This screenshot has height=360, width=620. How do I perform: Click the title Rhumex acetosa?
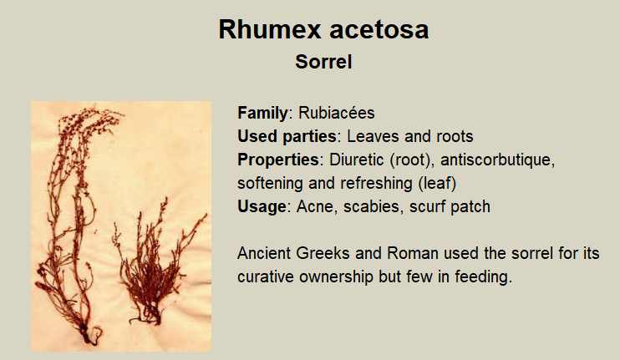pos(323,29)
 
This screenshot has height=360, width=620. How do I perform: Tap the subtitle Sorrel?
pos(323,62)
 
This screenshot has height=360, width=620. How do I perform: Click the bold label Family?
pos(262,114)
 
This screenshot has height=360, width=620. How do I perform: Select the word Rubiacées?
pos(337,113)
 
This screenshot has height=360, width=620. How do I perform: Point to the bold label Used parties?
pos(287,137)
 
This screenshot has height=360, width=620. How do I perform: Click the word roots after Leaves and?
pos(455,137)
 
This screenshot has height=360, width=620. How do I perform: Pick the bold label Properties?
pos(278,160)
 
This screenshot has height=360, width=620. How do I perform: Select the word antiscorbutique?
pos(498,160)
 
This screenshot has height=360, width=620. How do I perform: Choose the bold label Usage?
pos(262,206)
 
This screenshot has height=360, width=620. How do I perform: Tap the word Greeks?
pos(323,253)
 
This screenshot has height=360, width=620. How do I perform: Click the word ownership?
pos(336,276)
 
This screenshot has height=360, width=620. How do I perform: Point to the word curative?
pos(266,276)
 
